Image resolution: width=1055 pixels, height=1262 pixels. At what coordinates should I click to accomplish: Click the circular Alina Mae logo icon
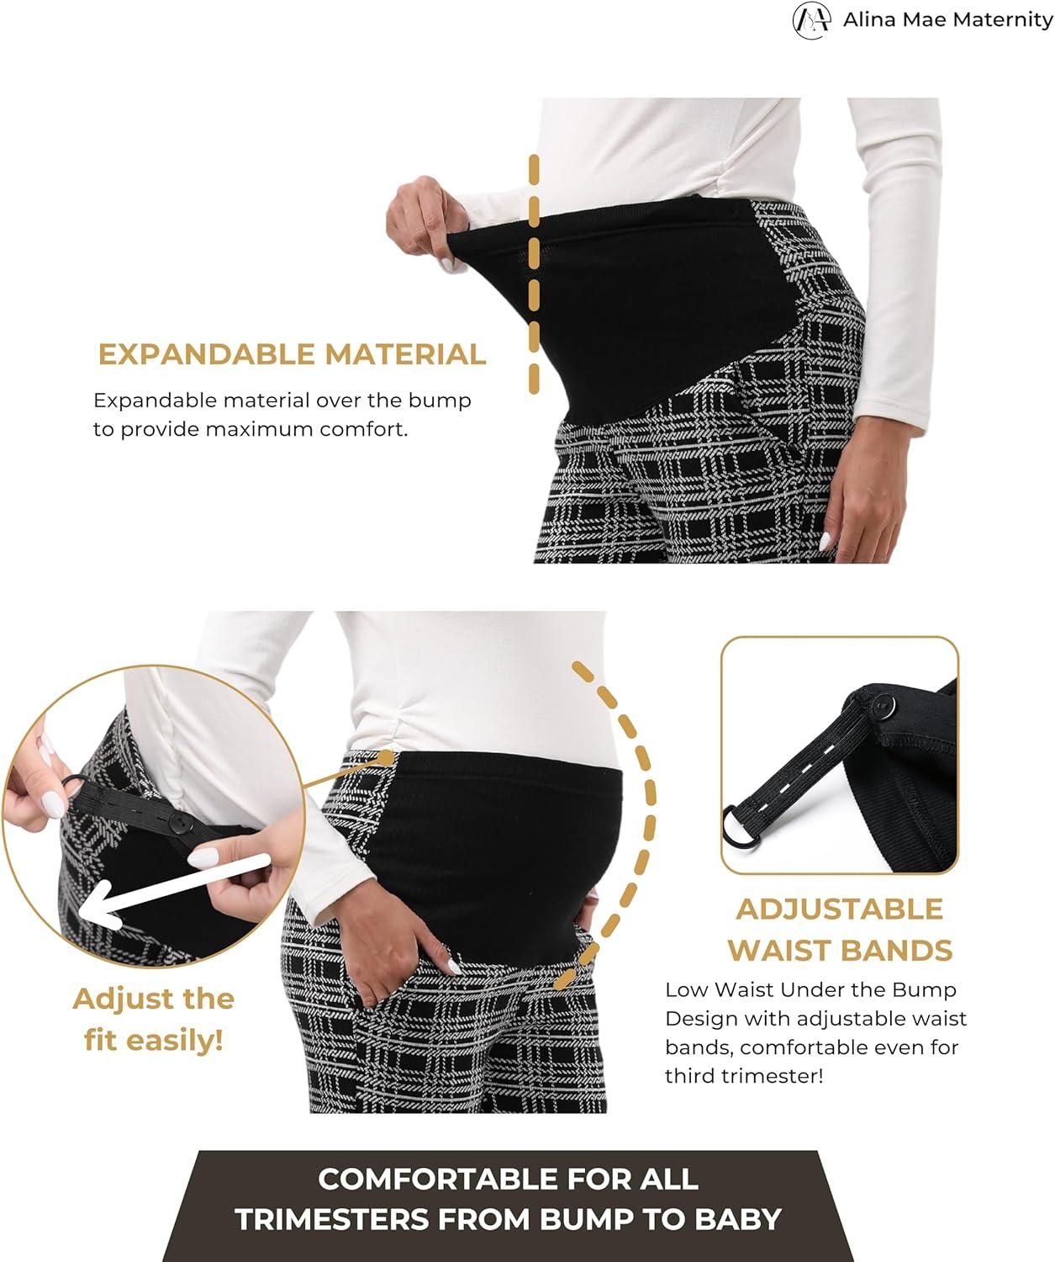(x=811, y=20)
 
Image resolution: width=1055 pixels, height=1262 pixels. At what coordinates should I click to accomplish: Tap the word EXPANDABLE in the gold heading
(x=207, y=354)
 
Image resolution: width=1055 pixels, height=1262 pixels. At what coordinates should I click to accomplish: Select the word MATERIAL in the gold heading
(x=405, y=354)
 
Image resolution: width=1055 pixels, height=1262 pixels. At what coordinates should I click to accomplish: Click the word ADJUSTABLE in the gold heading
(x=840, y=909)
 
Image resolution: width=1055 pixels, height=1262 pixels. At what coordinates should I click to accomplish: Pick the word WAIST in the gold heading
(x=777, y=951)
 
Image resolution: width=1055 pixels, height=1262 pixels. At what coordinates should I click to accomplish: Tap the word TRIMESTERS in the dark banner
(x=331, y=1220)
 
